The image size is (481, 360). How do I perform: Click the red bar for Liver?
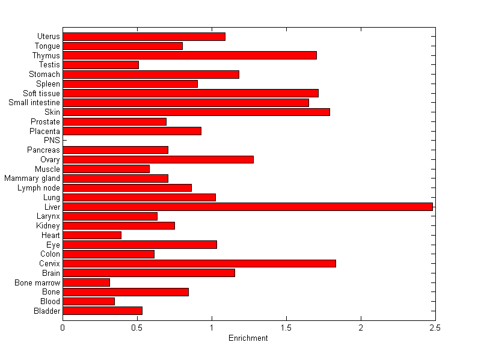(x=247, y=207)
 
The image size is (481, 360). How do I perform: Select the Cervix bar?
(x=199, y=263)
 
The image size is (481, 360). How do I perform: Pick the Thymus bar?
(x=189, y=55)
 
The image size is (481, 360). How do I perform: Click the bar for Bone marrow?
(x=86, y=282)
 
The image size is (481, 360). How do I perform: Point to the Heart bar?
(x=92, y=235)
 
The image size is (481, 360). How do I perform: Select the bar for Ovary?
(x=158, y=159)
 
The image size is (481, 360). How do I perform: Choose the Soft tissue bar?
(x=191, y=93)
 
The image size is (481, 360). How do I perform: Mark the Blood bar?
(x=88, y=301)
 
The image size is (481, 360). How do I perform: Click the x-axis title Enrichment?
(x=248, y=338)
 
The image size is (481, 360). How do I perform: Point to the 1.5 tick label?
(x=286, y=328)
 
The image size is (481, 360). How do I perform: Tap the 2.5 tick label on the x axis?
(x=435, y=328)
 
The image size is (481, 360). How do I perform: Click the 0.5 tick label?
(x=137, y=328)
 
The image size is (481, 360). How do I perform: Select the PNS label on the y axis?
(x=52, y=141)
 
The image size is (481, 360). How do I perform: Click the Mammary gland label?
(x=32, y=178)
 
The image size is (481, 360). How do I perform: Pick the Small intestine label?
(x=34, y=103)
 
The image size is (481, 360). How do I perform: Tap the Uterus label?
(x=48, y=37)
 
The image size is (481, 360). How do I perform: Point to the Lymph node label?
(x=38, y=188)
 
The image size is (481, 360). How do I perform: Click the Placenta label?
(x=44, y=131)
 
